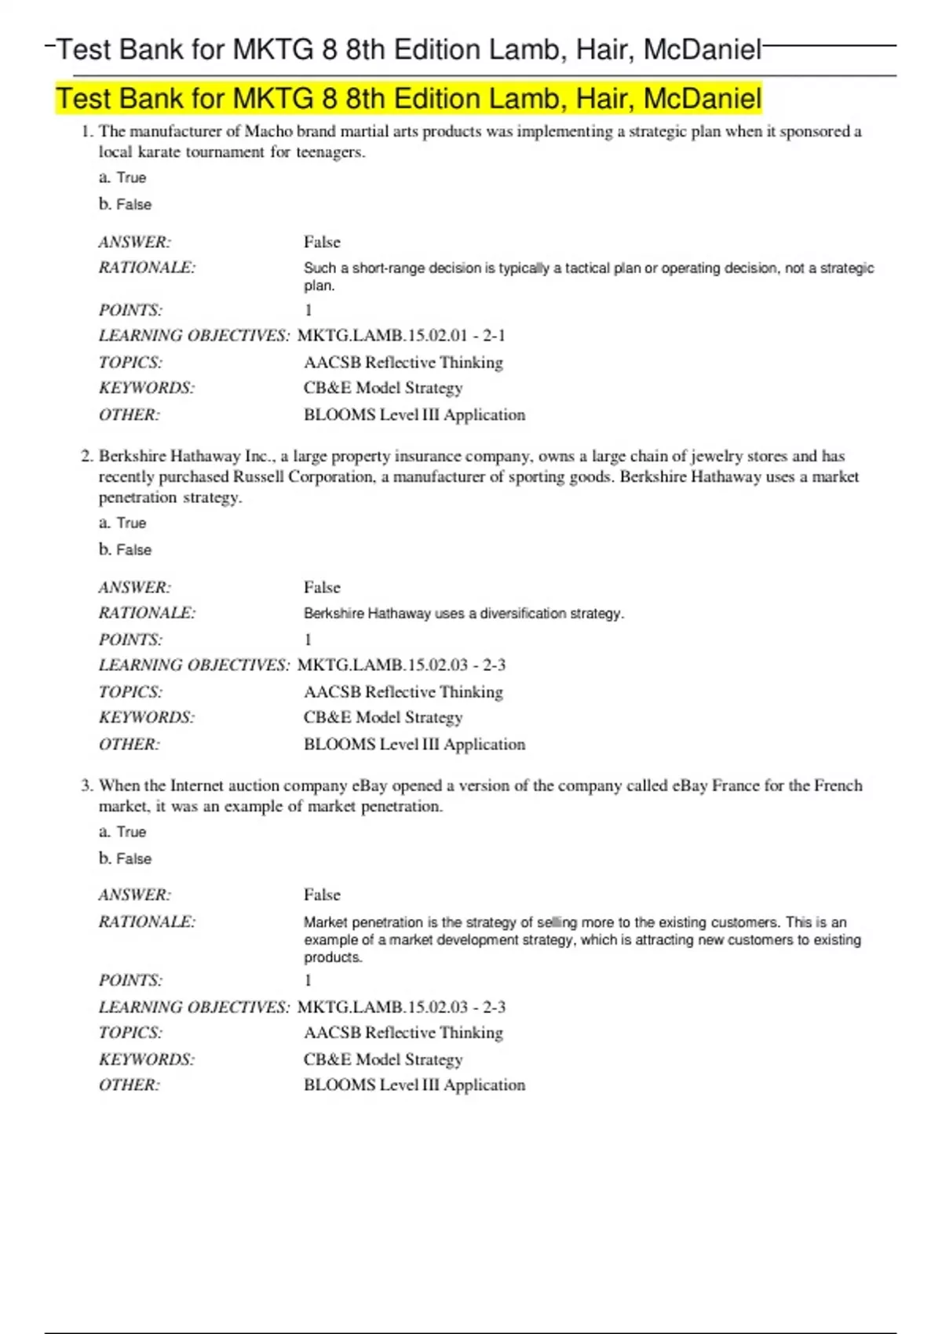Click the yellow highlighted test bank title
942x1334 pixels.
408,99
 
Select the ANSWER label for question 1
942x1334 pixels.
134,242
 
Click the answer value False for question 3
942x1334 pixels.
322,895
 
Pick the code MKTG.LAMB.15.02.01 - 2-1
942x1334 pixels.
401,336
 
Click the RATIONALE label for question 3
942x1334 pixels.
147,922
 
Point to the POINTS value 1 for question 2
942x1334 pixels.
309,640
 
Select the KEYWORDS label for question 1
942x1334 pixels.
147,388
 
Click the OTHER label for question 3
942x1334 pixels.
129,1085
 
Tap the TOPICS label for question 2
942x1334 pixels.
130,692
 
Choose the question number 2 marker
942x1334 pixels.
86,457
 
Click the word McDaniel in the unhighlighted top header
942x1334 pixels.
703,50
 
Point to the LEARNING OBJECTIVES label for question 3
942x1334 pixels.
194,1008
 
